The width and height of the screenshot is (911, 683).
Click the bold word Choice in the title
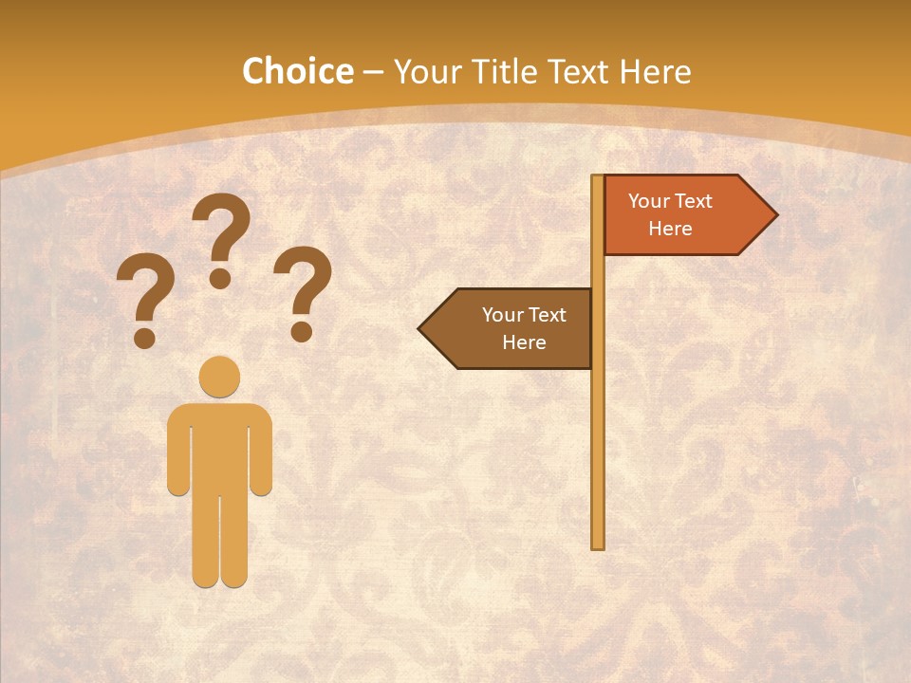pyautogui.click(x=297, y=72)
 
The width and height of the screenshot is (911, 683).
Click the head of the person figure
pyautogui.click(x=219, y=377)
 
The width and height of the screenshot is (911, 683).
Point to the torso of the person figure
pyautogui.click(x=219, y=446)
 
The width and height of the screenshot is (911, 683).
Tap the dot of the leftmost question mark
pyautogui.click(x=144, y=338)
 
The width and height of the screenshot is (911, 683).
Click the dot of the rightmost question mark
pyautogui.click(x=302, y=331)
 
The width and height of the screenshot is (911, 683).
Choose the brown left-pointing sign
pyautogui.click(x=512, y=328)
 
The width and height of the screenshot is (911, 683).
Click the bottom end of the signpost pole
pyautogui.click(x=598, y=545)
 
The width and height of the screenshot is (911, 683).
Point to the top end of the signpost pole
pyautogui.click(x=598, y=178)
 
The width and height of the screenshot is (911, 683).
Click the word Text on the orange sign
pyautogui.click(x=693, y=201)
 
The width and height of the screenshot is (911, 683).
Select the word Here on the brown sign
pyautogui.click(x=524, y=342)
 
